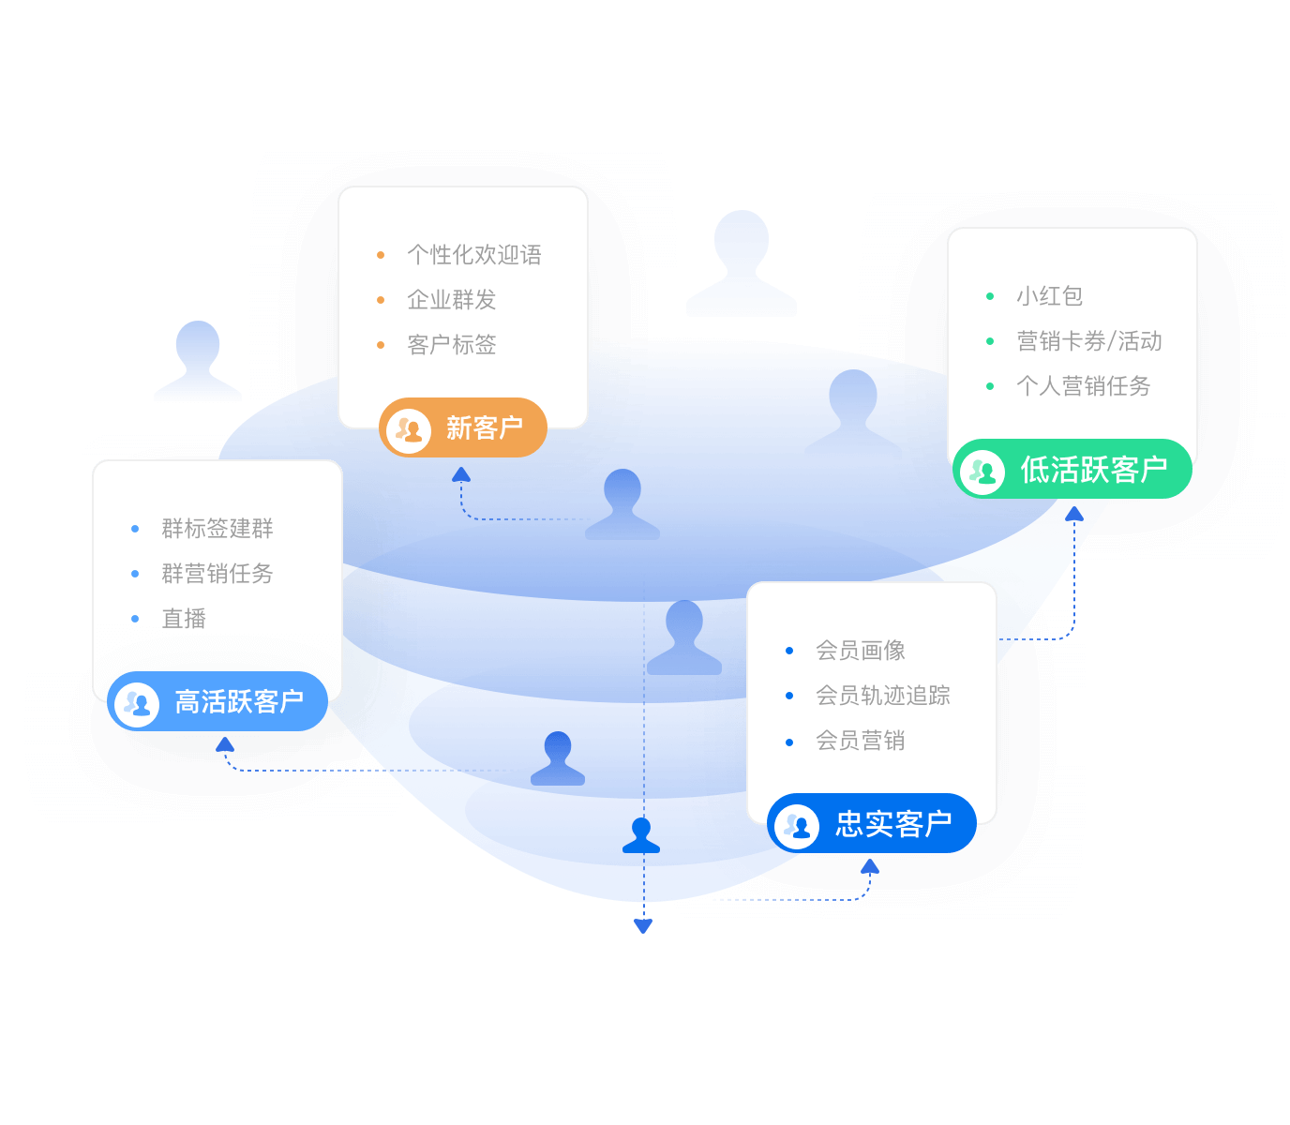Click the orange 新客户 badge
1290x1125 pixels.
(462, 427)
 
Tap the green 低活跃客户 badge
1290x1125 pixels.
(1072, 468)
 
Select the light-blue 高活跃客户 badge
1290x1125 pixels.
(217, 701)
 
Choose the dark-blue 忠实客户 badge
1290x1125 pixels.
(871, 822)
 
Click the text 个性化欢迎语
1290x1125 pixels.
(474, 255)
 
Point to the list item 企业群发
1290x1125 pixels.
(452, 299)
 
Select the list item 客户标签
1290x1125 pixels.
(452, 344)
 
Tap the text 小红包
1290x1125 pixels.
(1049, 295)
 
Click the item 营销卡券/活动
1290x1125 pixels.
(1088, 340)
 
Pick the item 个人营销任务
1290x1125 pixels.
(1083, 385)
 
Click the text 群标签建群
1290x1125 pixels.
(217, 528)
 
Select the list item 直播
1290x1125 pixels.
(184, 618)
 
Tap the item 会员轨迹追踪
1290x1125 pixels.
(883, 695)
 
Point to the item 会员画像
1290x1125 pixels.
(860, 650)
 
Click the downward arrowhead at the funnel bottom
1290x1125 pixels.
(642, 925)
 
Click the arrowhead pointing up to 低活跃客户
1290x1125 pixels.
(1073, 514)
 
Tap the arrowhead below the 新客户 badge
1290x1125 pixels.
(461, 474)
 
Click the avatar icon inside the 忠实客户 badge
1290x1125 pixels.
(796, 826)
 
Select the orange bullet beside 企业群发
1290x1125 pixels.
(381, 300)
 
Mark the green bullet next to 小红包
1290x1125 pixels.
(989, 296)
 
